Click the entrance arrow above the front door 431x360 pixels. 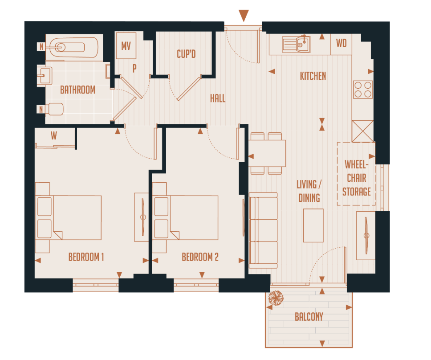[243, 16]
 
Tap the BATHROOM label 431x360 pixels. [77, 90]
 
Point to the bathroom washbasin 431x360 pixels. [45, 75]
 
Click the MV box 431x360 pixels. [126, 46]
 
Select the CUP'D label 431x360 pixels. [186, 54]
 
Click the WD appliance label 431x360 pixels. [341, 43]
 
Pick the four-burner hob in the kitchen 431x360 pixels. [362, 89]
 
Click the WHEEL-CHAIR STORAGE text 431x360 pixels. [356, 178]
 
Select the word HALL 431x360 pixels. [218, 98]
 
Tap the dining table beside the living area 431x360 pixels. [267, 153]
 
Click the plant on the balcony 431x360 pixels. [276, 299]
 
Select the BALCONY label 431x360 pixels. [309, 317]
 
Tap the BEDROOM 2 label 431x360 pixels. [200, 257]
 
